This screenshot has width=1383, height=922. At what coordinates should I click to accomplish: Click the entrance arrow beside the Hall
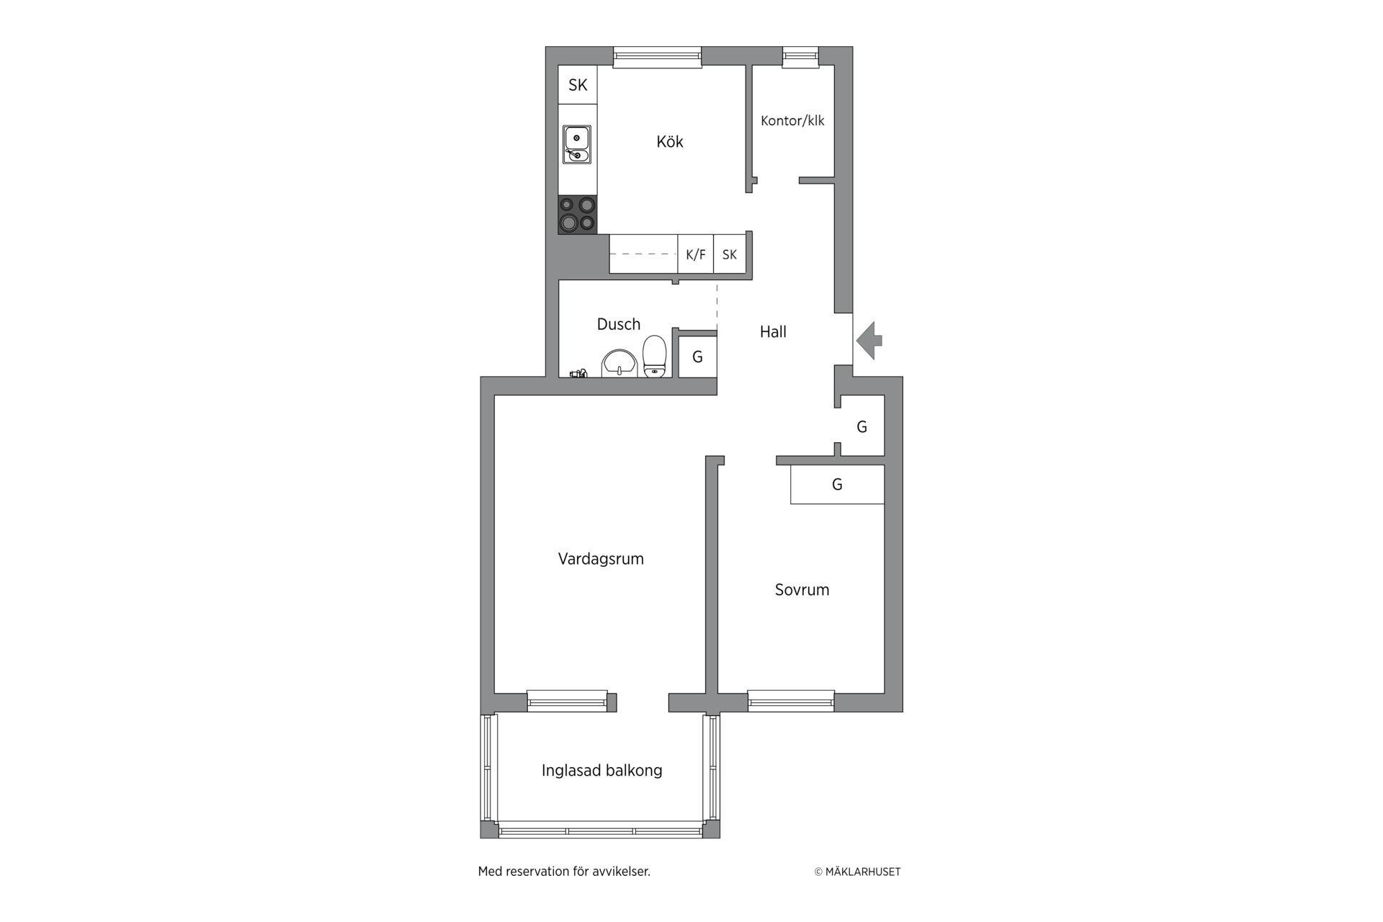click(869, 340)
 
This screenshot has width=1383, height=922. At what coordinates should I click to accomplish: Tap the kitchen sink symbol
click(577, 145)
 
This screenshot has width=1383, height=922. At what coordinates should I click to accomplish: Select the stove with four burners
click(578, 215)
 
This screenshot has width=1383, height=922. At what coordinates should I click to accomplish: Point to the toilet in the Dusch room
click(655, 357)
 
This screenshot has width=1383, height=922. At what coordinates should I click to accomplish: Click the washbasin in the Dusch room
click(619, 363)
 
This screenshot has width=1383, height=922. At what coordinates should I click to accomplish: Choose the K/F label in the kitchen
click(696, 254)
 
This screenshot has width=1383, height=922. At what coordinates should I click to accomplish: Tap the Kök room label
click(670, 141)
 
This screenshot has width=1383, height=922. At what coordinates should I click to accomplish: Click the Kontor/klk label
click(792, 120)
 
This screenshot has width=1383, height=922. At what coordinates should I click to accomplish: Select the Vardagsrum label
click(601, 559)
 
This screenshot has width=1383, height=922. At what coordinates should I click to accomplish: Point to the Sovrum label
click(802, 590)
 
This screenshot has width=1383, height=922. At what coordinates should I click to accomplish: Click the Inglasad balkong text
click(602, 771)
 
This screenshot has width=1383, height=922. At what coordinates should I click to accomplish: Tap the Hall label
click(773, 332)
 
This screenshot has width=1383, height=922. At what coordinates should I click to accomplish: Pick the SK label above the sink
click(578, 85)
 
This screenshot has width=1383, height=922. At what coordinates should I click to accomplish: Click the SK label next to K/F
click(730, 254)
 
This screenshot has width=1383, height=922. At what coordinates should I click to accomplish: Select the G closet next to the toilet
click(697, 357)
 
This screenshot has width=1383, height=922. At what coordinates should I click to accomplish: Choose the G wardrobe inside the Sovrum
click(837, 485)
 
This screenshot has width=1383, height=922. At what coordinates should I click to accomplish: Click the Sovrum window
click(791, 701)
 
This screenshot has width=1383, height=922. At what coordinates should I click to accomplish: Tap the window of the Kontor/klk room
click(800, 57)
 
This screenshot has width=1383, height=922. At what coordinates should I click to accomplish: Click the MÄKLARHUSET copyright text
click(857, 872)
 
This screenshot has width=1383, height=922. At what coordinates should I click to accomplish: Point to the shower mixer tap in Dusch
click(578, 373)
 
